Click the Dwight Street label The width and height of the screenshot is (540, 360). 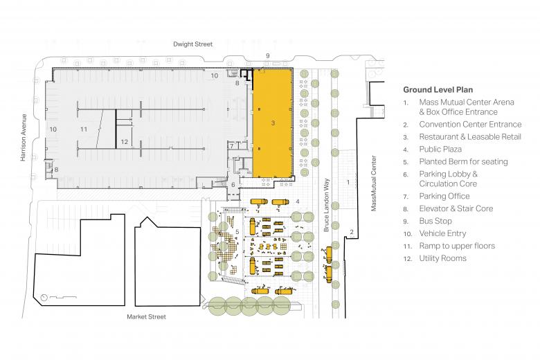coord(193,44)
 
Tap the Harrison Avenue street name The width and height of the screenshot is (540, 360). coord(24,138)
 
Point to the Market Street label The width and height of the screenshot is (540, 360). coord(146,316)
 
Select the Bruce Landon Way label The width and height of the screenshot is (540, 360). coord(327,205)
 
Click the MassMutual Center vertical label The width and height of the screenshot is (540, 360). coord(374,183)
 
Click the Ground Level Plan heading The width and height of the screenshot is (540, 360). coord(438,90)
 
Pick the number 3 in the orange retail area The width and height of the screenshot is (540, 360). coord(273,123)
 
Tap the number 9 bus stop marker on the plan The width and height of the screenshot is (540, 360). coord(268,55)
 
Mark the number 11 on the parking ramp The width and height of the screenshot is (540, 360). coord(84,129)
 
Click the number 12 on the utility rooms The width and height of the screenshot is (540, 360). coord(125,142)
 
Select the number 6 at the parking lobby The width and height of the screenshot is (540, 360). coord(233,185)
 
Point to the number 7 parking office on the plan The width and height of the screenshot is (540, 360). coord(232,145)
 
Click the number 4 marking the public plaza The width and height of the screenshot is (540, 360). coord(298,201)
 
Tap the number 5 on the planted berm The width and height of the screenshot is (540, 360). coord(237,231)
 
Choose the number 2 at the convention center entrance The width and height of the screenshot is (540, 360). coord(351,232)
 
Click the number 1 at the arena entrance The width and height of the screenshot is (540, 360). coord(348,182)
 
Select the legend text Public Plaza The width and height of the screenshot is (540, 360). coord(440,149)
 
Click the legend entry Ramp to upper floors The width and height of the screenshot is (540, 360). coord(457,246)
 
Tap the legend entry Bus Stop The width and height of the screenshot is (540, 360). coord(435,221)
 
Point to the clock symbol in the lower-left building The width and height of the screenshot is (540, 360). coord(44,298)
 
